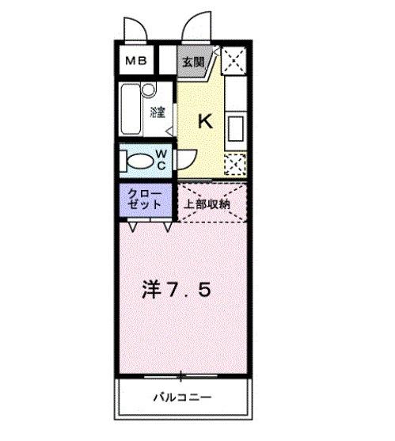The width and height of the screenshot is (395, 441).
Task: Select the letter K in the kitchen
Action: point(204,121)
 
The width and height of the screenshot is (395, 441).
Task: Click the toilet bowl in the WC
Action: point(139,161)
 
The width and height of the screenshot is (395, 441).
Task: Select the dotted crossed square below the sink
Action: point(234,163)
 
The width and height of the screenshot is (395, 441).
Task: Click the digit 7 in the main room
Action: point(174,291)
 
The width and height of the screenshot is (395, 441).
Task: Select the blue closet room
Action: point(147,200)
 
